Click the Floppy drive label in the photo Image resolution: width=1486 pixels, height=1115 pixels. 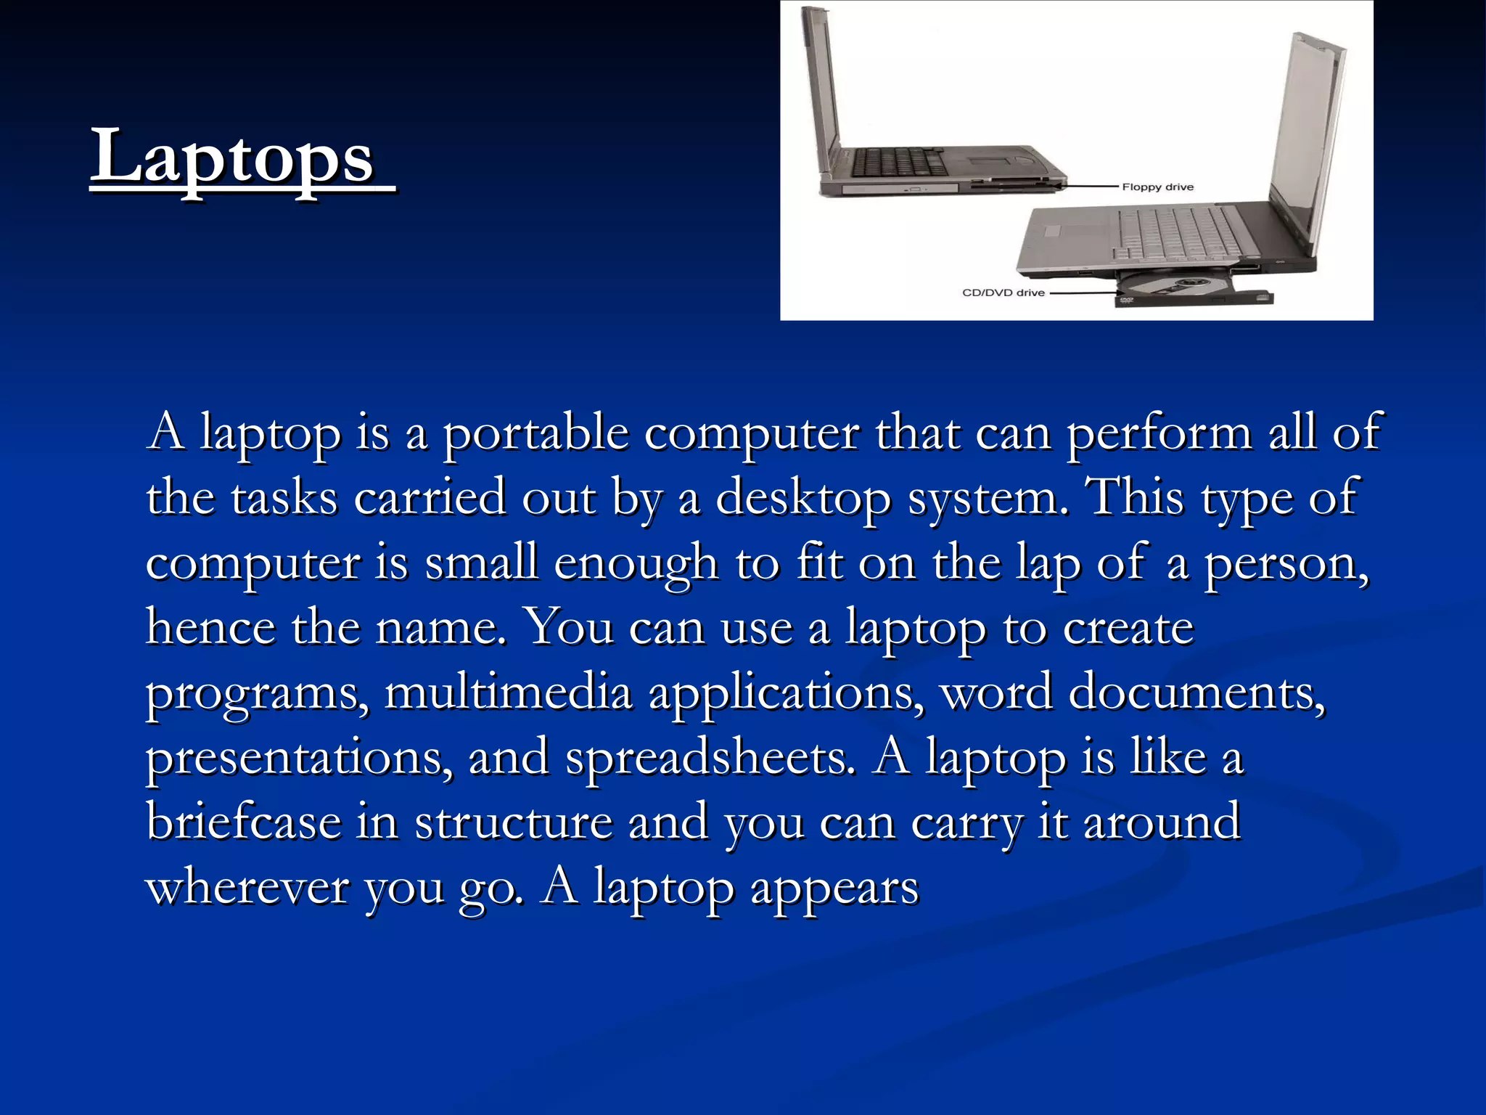(1157, 187)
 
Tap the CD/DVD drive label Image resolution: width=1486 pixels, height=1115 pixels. (1003, 293)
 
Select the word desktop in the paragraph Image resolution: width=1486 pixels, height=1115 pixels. (802, 499)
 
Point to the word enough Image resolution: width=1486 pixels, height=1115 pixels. (636, 564)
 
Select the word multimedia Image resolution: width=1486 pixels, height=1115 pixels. (508, 693)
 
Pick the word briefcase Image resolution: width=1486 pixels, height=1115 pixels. (244, 822)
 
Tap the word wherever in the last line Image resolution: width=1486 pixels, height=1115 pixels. (247, 888)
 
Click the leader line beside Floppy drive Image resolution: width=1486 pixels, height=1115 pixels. (1088, 187)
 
